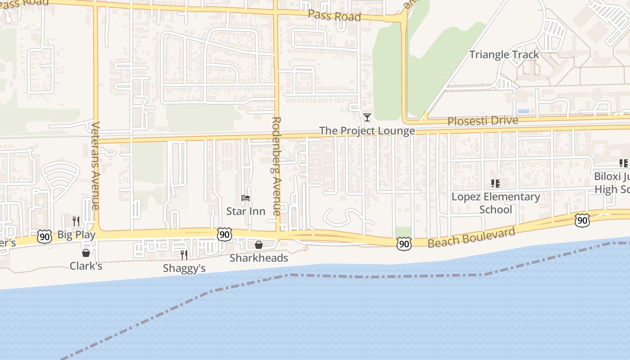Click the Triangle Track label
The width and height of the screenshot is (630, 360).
tap(504, 55)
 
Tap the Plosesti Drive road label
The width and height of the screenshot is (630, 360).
tap(482, 121)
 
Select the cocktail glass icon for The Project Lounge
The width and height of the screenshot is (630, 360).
tap(367, 117)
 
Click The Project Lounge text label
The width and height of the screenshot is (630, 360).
tap(367, 131)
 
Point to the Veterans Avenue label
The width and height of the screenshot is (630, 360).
tap(95, 166)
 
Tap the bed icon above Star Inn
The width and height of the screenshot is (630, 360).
tap(246, 198)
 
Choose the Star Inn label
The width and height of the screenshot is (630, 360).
tap(246, 211)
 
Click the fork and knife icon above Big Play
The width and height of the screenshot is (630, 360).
tap(76, 221)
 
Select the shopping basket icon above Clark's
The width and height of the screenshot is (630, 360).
tap(86, 253)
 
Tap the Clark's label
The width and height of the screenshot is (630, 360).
tap(86, 266)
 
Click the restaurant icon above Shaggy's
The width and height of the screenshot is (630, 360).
tap(184, 255)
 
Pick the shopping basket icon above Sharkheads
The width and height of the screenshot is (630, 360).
tap(259, 245)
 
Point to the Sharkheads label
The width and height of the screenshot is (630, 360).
tap(259, 258)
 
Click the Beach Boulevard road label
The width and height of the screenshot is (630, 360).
tap(471, 237)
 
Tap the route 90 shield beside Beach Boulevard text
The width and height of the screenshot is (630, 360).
tap(404, 244)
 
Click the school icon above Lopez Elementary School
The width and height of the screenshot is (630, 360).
tap(495, 184)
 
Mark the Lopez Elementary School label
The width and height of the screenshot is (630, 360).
tap(495, 203)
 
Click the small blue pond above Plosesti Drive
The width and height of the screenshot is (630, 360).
tap(523, 111)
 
